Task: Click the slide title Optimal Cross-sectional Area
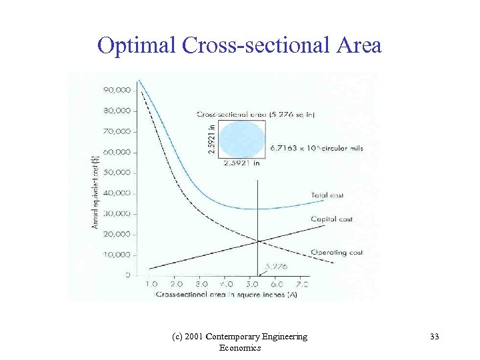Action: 239,45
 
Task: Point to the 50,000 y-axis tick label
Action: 117,173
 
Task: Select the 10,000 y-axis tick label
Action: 117,255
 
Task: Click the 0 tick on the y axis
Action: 127,275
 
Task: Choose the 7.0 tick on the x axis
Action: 301,284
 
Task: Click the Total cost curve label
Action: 327,195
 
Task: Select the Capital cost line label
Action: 331,219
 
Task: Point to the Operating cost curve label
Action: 337,253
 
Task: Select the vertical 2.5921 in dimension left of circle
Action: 212,139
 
